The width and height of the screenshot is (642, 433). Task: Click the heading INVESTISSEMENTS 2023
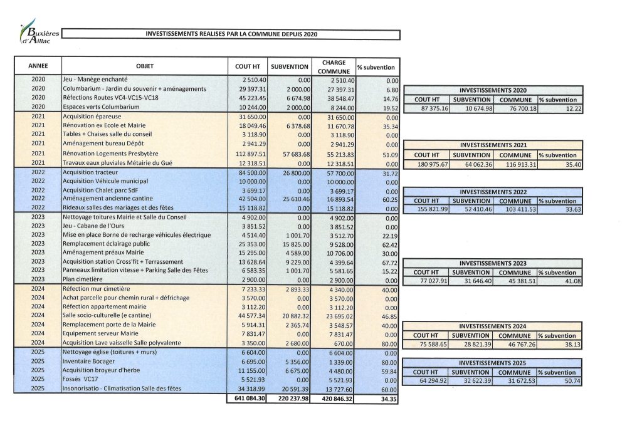(x=494, y=264)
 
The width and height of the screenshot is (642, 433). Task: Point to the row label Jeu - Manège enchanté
(x=95, y=80)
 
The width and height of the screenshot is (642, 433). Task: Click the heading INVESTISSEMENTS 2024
(x=494, y=326)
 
